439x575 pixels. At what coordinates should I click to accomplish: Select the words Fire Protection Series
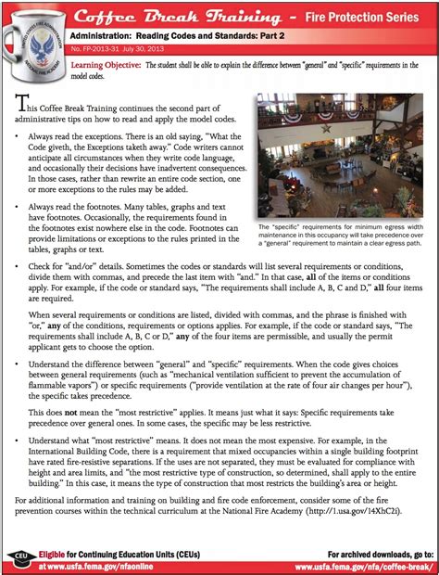353,16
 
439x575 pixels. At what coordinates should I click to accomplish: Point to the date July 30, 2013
147,48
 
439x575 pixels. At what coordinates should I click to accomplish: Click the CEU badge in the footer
19,556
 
